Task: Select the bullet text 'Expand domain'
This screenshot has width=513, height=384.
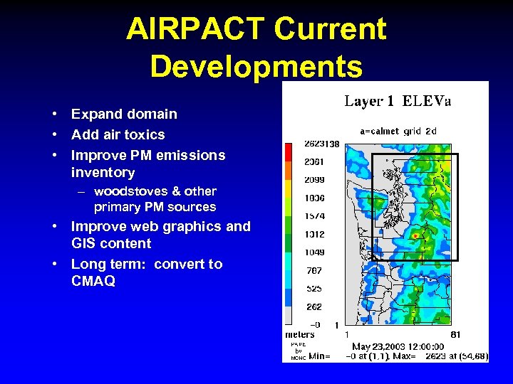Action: tap(124, 114)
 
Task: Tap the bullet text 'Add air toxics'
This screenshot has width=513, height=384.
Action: tap(118, 134)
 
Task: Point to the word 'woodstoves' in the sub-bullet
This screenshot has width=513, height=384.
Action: tap(125, 191)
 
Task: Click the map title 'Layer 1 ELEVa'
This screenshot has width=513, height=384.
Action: tap(398, 101)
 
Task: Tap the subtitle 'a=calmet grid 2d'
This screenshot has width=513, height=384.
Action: tap(398, 131)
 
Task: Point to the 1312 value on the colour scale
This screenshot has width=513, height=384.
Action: tap(314, 234)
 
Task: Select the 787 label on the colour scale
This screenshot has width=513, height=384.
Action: tap(314, 270)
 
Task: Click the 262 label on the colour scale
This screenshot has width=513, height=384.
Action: tap(314, 307)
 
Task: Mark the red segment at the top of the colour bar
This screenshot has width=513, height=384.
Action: tap(289, 151)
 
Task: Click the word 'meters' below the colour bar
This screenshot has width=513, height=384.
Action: tap(300, 334)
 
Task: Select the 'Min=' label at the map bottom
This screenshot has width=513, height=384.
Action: tap(319, 356)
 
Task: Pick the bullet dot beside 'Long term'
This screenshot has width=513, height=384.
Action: tap(55, 265)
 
